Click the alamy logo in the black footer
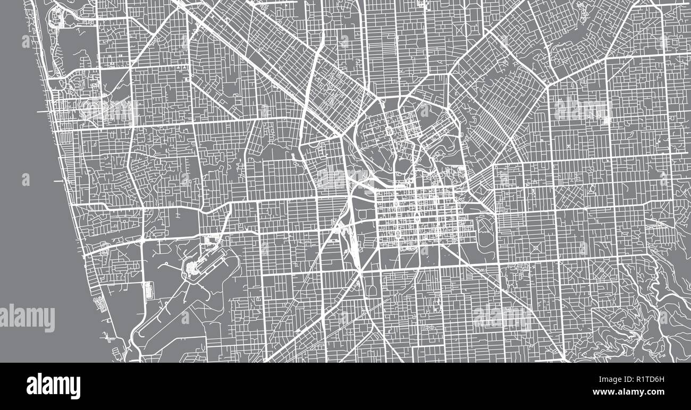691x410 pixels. point(53,386)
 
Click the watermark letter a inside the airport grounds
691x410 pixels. point(185,318)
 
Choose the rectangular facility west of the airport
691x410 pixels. point(148,290)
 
